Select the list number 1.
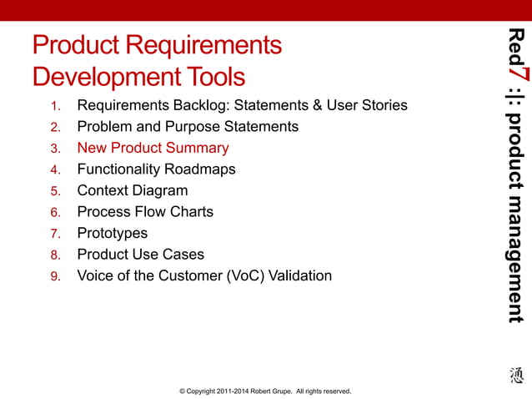pos(55,106)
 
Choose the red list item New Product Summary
pos(153,148)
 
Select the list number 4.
pos(55,169)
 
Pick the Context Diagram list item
pos(133,190)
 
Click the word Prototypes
pos(112,233)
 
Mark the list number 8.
pos(55,255)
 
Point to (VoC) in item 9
pos(245,275)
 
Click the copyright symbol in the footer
pos(171,391)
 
